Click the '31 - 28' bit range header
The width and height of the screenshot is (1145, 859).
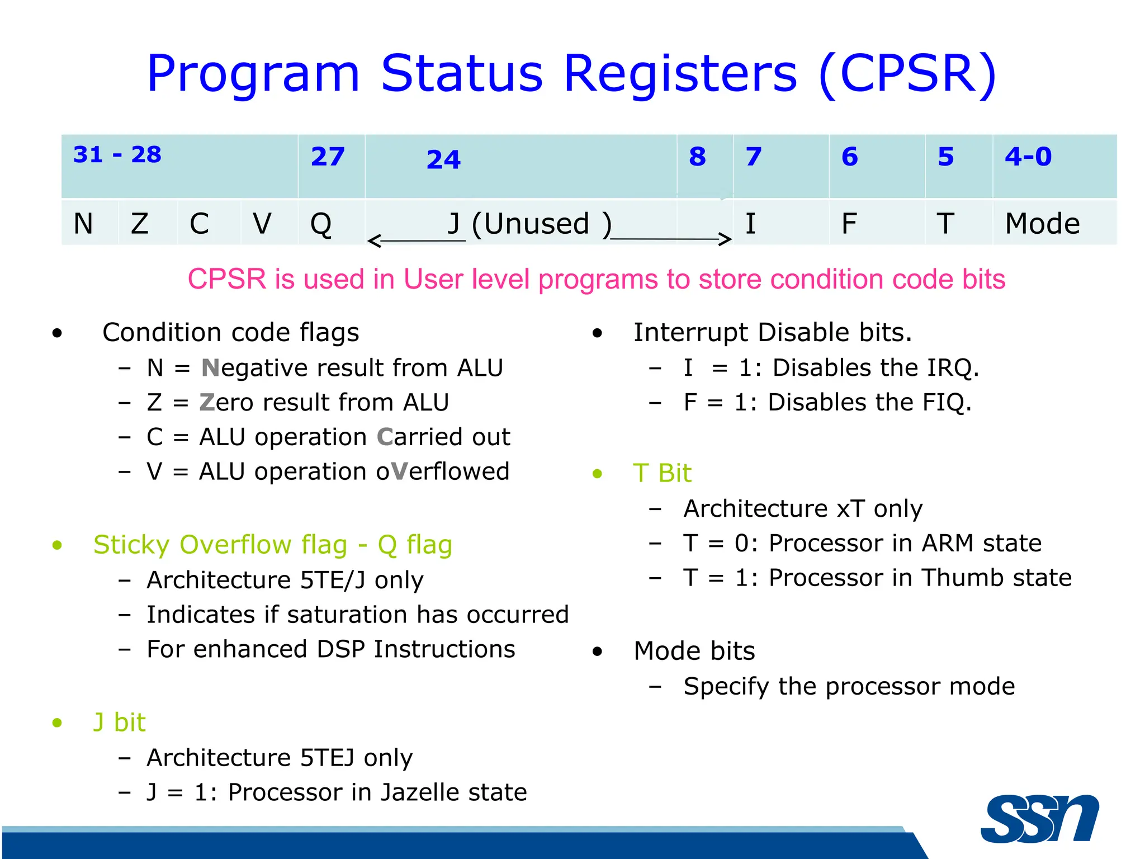(117, 155)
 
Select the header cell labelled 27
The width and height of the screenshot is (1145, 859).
(328, 157)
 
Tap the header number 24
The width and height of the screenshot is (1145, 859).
(443, 160)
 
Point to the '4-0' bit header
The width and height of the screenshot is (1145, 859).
(1028, 157)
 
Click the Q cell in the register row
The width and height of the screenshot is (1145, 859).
(321, 224)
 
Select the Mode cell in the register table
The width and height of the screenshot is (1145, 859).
(1042, 224)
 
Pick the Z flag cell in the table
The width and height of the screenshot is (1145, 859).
(140, 224)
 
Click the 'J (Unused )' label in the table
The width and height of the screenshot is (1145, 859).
(529, 224)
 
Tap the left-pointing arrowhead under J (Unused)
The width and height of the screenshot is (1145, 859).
(373, 241)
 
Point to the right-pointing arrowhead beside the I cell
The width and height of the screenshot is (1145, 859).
(726, 239)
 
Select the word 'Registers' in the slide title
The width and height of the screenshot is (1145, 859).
(680, 74)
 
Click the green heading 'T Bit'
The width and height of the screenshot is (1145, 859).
(662, 473)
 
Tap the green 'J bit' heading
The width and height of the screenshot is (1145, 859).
(119, 722)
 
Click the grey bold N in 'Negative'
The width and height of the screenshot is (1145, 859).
(210, 368)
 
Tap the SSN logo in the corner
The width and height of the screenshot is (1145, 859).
(1039, 819)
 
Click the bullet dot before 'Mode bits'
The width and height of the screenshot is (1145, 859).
(598, 652)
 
